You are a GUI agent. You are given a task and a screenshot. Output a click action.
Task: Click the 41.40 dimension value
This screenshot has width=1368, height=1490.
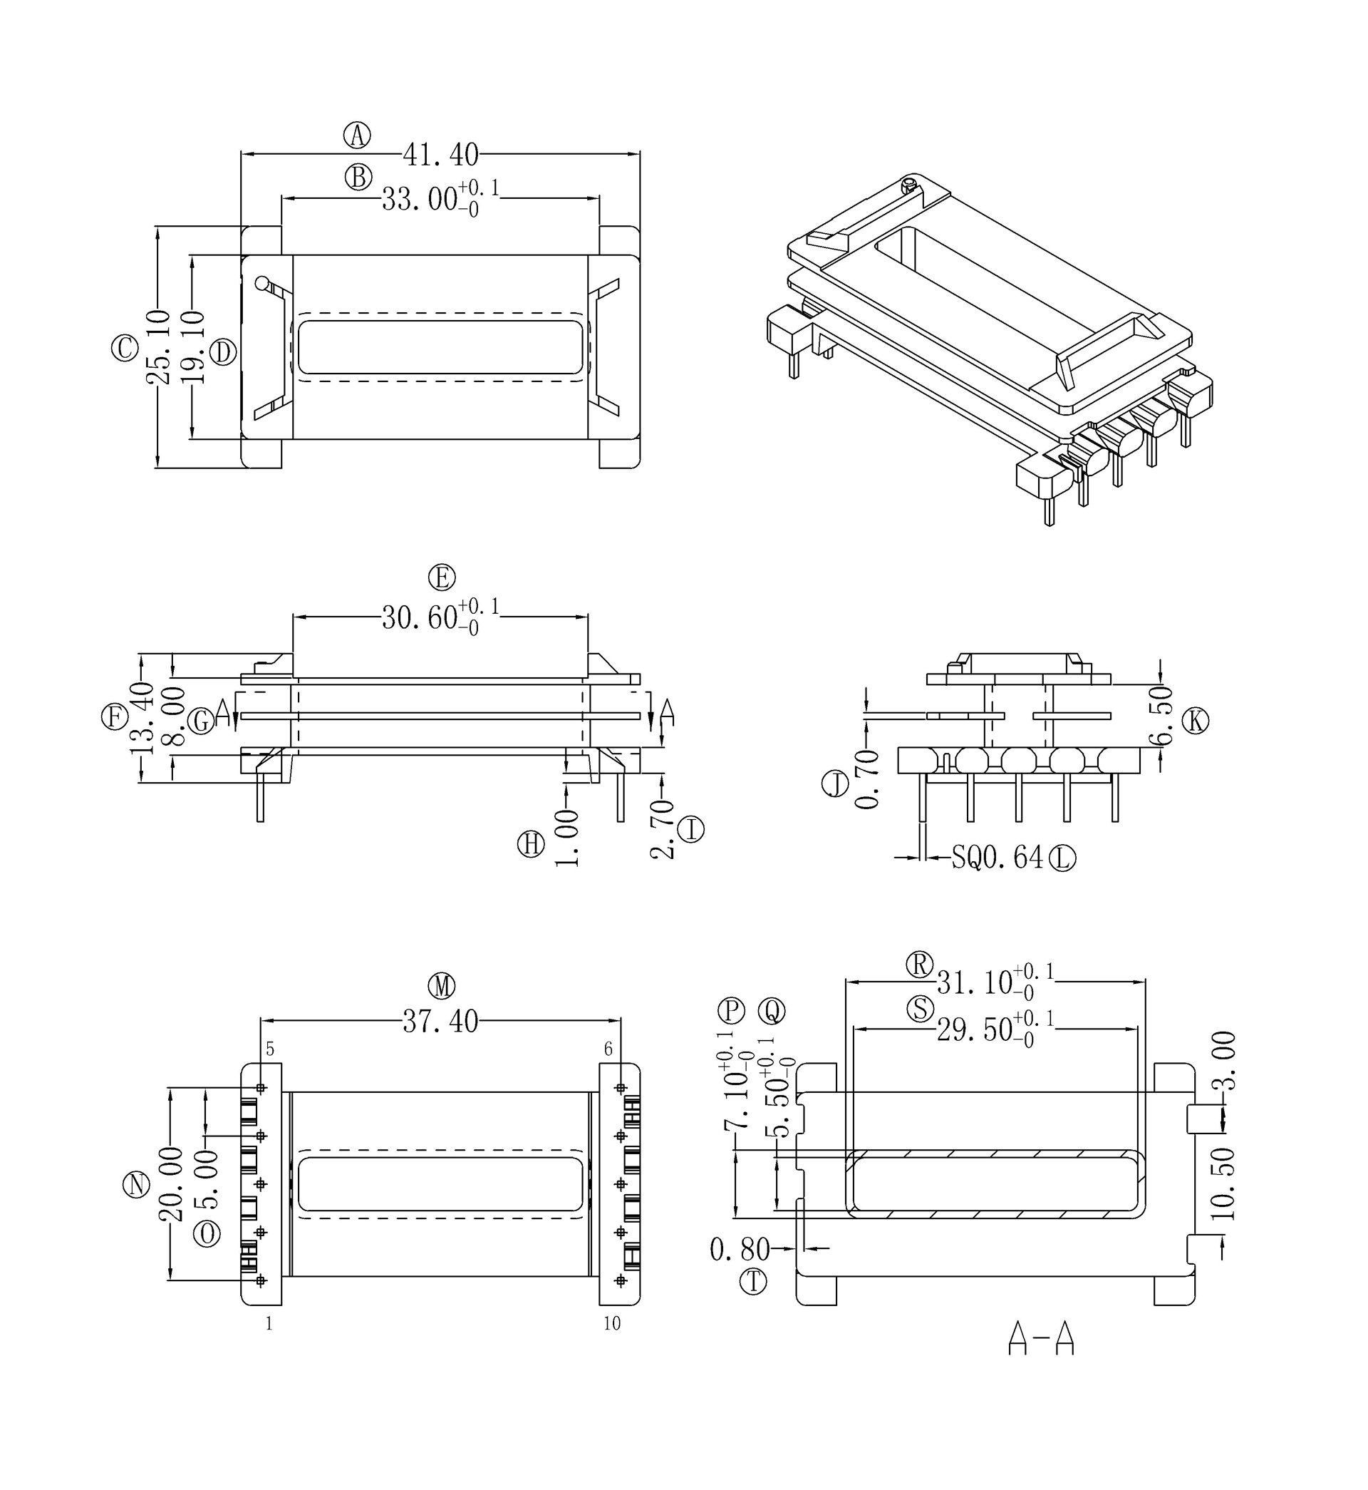440,155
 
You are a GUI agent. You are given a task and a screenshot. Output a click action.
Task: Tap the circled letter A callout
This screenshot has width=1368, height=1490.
357,135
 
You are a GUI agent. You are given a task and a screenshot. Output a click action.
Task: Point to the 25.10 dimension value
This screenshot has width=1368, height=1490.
158,347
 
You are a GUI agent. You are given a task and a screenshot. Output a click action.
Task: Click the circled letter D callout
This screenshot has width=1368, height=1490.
223,352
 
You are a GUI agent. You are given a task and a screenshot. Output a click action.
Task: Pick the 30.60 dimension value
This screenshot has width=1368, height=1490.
420,617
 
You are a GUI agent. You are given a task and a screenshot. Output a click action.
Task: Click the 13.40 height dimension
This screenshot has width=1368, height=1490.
141,718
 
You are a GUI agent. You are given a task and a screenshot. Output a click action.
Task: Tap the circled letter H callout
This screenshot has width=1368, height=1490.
531,844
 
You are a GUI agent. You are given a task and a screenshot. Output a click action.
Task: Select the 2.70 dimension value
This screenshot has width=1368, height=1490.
663,829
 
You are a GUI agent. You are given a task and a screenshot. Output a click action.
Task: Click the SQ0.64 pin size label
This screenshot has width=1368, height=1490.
997,858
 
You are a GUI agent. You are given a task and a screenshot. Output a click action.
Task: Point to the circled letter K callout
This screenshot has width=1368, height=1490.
1195,721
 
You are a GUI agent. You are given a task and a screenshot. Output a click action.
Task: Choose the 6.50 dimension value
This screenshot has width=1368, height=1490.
1162,715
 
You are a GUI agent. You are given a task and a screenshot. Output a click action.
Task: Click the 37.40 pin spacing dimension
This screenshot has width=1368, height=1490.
440,1023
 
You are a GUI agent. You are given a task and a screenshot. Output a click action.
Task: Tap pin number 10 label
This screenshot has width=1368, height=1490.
612,1323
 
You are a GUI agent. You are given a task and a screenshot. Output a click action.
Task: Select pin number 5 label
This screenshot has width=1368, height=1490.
270,1049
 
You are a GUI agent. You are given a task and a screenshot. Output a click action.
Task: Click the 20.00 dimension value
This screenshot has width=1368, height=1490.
170,1185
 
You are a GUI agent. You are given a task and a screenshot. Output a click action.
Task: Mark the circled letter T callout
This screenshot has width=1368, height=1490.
754,1282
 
